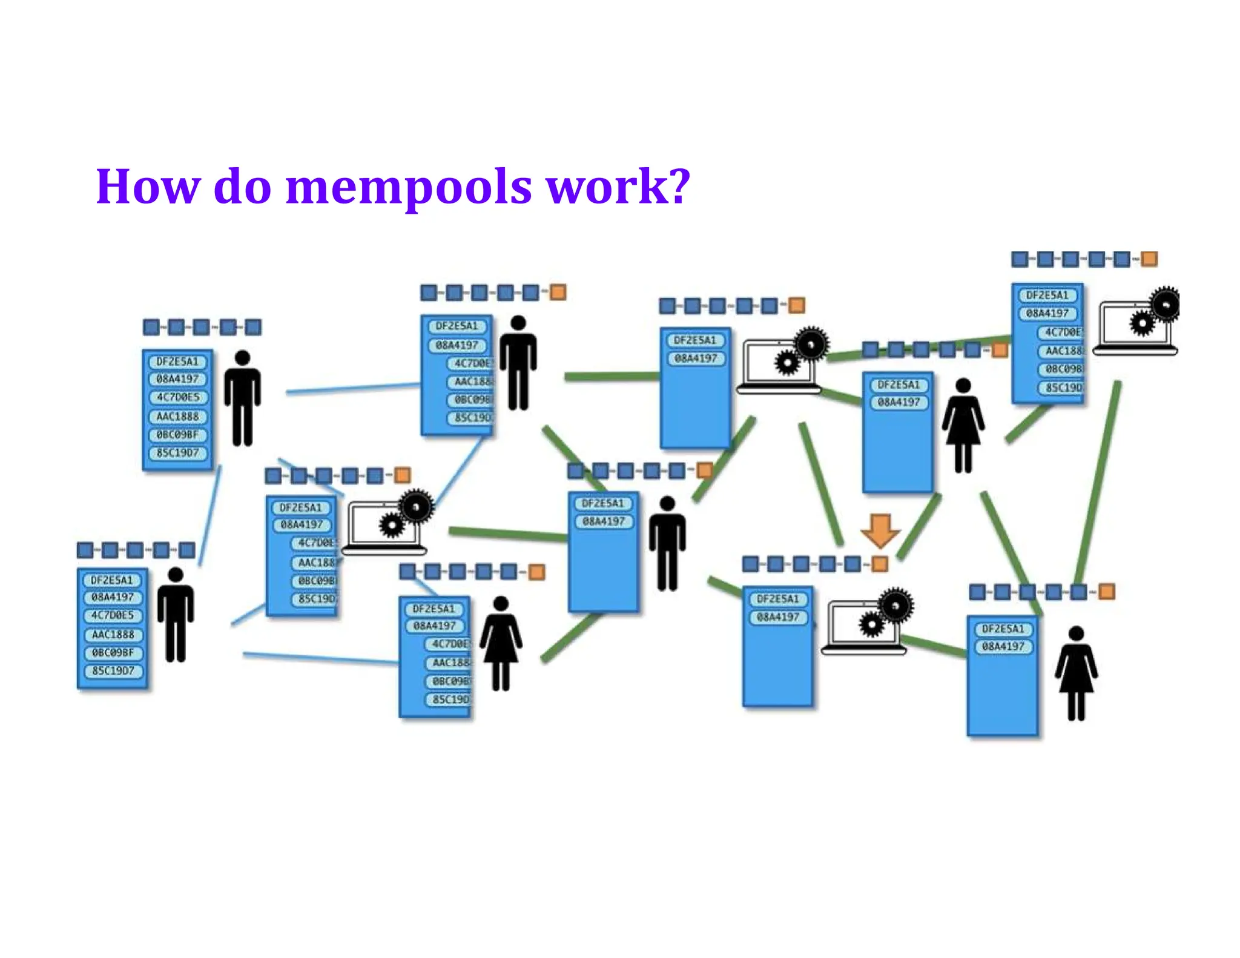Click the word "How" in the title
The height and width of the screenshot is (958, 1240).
(148, 187)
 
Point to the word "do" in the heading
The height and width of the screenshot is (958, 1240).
(242, 187)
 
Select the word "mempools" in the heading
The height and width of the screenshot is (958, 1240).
(408, 188)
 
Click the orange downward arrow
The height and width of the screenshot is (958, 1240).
(880, 530)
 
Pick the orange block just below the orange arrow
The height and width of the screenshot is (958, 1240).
(879, 564)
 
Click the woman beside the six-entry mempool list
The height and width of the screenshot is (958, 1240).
(501, 643)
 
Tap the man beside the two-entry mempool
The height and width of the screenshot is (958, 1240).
(667, 543)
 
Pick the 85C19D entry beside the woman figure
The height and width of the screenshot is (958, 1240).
(450, 699)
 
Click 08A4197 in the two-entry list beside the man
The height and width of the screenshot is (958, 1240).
(603, 521)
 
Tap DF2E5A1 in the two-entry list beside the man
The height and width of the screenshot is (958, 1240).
(602, 503)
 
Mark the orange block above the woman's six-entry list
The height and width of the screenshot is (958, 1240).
(536, 572)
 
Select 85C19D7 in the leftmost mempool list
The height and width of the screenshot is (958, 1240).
(113, 671)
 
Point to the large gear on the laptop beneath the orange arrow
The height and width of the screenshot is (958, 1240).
(895, 605)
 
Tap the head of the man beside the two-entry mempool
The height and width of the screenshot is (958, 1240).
(667, 504)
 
